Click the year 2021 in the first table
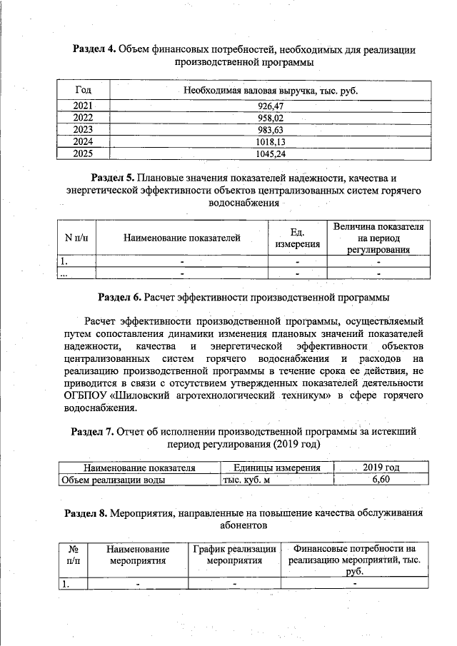(83, 106)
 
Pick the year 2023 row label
(83, 130)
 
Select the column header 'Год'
(83, 91)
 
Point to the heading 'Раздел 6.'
(119, 296)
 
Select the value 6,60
(381, 480)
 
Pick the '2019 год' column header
(381, 468)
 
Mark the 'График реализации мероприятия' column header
(234, 555)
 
